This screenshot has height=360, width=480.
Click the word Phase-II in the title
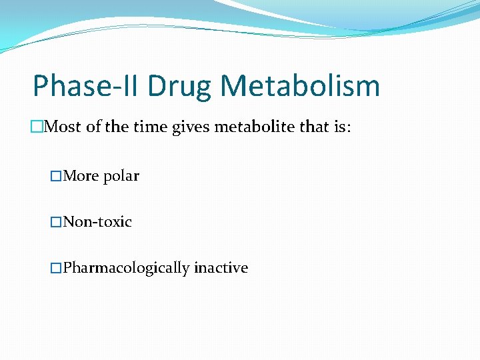(x=86, y=87)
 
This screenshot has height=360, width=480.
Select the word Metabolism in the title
(x=300, y=87)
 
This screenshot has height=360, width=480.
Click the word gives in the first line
(x=190, y=127)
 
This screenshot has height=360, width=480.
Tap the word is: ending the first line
(x=341, y=127)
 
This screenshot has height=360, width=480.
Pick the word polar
(x=121, y=177)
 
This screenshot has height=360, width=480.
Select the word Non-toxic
(x=97, y=222)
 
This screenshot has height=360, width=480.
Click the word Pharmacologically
(x=126, y=268)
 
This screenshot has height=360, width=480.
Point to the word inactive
(x=221, y=268)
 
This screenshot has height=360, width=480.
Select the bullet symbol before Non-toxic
(x=56, y=222)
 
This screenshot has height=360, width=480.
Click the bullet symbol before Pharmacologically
(x=56, y=268)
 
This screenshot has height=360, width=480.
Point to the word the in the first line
(x=115, y=127)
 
